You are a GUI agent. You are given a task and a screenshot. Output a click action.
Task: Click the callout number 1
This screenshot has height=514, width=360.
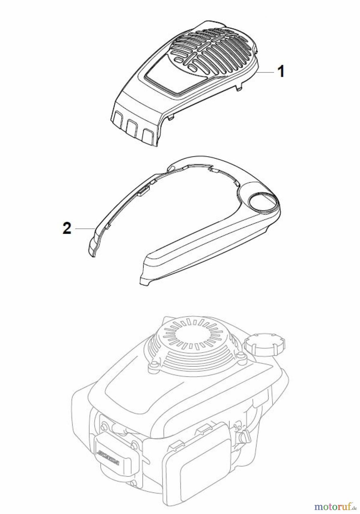point(281,71)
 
